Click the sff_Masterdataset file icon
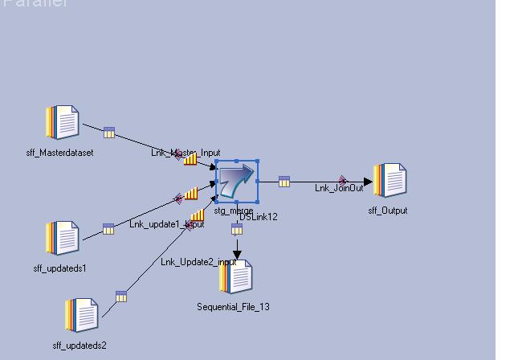[x=62, y=123]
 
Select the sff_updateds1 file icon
[x=62, y=239]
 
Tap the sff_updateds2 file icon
[x=81, y=315]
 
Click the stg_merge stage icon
[x=236, y=181]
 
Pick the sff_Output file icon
[x=390, y=180]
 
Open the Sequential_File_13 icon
[x=236, y=277]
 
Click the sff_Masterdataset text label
[x=59, y=153]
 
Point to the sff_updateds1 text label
[x=60, y=268]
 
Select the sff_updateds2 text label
[x=80, y=346]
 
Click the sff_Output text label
[x=388, y=211]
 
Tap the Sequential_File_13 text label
[x=233, y=307]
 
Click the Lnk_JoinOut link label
[x=339, y=188]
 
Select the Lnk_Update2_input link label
[x=198, y=262]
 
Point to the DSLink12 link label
[x=259, y=217]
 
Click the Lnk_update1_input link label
[x=166, y=224]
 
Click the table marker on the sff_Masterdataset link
[x=109, y=133]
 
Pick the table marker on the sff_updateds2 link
[x=121, y=297]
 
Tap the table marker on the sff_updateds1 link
[x=108, y=229]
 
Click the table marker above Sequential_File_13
[x=237, y=230]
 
